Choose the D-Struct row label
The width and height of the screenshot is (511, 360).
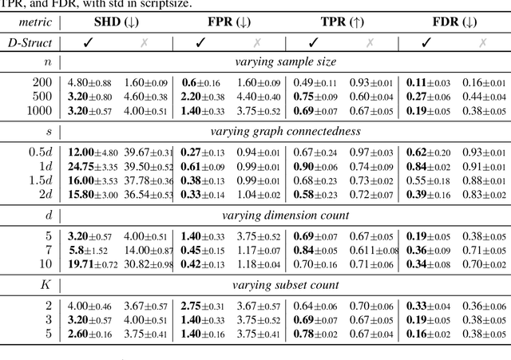click(x=31, y=44)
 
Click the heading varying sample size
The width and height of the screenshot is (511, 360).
click(x=284, y=61)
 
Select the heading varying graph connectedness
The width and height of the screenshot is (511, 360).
click(x=284, y=132)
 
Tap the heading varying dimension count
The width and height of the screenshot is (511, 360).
click(x=284, y=214)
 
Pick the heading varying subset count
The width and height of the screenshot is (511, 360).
click(x=284, y=284)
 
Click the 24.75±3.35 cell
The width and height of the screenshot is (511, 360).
click(x=92, y=166)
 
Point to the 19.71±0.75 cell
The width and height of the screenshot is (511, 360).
click(x=92, y=264)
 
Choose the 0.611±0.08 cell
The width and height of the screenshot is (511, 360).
click(x=374, y=251)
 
